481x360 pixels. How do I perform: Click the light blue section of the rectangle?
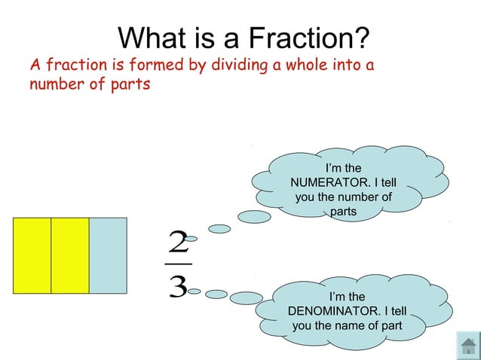(108, 255)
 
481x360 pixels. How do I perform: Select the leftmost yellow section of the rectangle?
(32, 255)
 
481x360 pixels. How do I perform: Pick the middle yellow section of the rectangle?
(70, 255)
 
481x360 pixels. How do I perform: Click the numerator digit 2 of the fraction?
(179, 243)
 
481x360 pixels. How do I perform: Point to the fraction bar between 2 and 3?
(179, 264)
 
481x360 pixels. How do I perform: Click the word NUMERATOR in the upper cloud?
(343, 183)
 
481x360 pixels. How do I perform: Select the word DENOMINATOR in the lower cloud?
(347, 311)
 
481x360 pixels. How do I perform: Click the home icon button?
(468, 345)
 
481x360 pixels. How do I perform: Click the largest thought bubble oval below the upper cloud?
(255, 217)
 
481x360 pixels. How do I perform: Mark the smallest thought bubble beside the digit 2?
(191, 239)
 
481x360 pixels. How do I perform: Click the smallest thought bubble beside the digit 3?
(194, 291)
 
